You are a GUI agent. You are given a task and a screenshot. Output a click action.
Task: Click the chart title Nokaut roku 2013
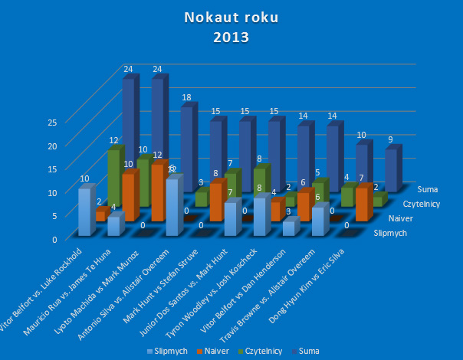[x=231, y=28]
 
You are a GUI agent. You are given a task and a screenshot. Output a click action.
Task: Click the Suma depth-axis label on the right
[x=430, y=188]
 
